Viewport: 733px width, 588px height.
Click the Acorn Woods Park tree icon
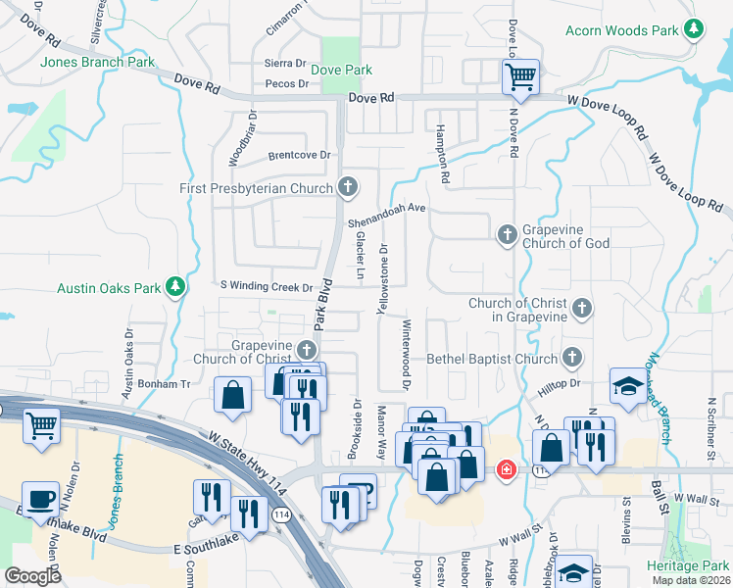point(694,29)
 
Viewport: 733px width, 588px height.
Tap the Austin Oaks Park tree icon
point(176,287)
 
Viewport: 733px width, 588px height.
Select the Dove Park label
point(341,71)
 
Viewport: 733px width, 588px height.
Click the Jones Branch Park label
point(98,63)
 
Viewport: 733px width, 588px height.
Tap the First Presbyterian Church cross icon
point(348,186)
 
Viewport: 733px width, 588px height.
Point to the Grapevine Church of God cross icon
point(507,234)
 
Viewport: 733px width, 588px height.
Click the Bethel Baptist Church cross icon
point(572,358)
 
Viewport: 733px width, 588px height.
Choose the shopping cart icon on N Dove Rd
point(520,75)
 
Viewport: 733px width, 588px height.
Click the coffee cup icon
point(40,497)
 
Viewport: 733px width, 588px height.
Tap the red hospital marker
point(506,470)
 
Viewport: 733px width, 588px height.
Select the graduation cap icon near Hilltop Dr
point(627,385)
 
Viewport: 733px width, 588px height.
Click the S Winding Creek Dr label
point(266,288)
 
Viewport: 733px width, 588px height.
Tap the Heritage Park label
point(687,566)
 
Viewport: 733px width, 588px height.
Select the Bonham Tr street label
point(164,383)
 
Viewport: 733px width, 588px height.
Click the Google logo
point(33,576)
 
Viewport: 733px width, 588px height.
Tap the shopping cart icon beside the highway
point(41,425)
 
